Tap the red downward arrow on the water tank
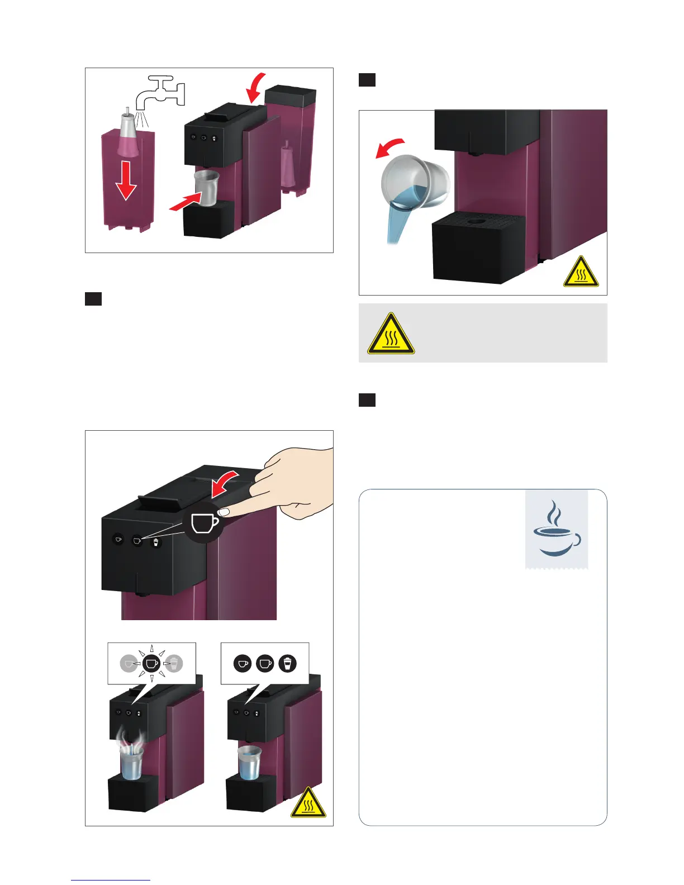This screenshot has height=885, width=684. (126, 179)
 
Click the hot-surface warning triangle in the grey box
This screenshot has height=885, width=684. (391, 334)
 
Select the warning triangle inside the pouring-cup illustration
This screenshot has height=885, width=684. (581, 272)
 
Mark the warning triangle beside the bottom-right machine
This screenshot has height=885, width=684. (308, 803)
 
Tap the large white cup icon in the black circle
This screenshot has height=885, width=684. (204, 523)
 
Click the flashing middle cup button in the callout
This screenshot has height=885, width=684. (151, 663)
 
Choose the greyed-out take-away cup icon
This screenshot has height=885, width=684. (174, 663)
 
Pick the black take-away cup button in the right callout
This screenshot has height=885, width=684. (287, 663)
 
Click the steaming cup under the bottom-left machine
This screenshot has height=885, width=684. (131, 761)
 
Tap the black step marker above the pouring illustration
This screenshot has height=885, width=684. (367, 80)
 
